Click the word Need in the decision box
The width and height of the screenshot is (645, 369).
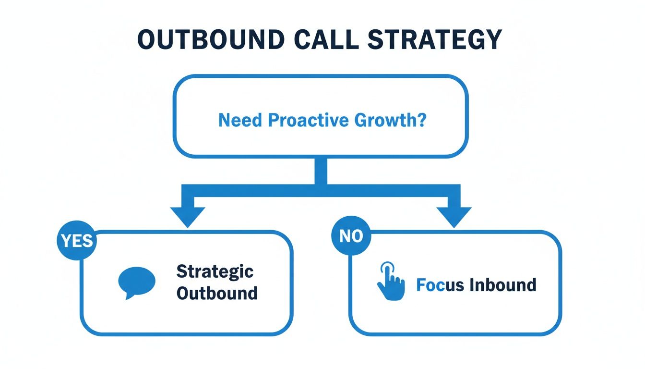tap(241, 120)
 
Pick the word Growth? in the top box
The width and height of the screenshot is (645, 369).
tap(390, 120)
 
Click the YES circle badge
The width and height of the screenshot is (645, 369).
tap(77, 241)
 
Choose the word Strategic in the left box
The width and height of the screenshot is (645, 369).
tap(215, 271)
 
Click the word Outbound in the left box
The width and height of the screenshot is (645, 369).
tap(216, 293)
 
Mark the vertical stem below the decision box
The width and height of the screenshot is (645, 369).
tap(321, 171)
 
